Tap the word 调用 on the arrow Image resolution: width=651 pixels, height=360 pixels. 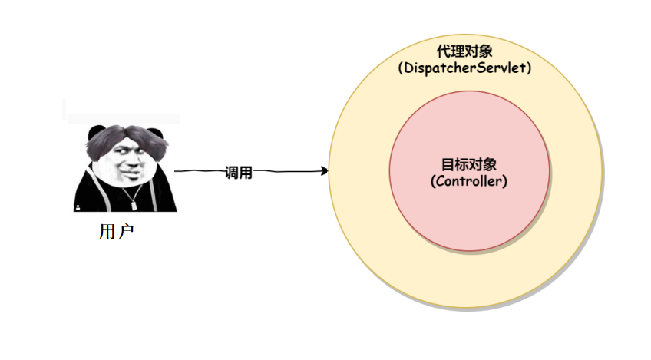[238, 173]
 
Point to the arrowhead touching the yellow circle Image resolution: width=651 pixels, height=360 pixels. [325, 171]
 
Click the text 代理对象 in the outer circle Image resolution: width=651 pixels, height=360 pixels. [464, 51]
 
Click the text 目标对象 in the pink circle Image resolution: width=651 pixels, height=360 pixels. [469, 164]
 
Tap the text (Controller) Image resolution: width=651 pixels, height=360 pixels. [469, 182]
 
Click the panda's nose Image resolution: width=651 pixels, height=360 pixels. [132, 164]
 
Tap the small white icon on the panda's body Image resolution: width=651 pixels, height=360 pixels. [78, 208]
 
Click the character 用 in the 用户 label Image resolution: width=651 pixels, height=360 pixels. [107, 231]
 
